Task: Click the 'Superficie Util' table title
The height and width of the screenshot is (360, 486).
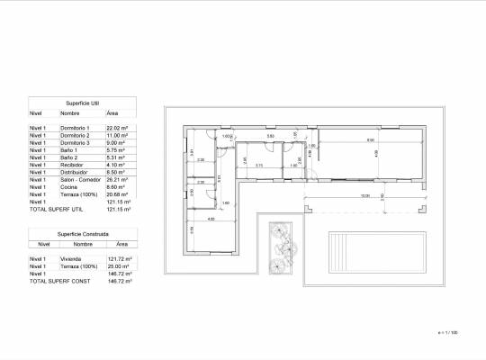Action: pyautogui.click(x=82, y=103)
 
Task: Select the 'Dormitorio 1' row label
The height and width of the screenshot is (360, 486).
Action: pyautogui.click(x=75, y=129)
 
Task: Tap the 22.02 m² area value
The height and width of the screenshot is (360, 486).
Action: pyautogui.click(x=118, y=129)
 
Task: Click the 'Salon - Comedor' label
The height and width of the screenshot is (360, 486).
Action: pyautogui.click(x=78, y=179)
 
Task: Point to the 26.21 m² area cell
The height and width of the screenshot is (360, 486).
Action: pyautogui.click(x=118, y=179)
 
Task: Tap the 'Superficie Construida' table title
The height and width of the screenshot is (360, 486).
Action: pyautogui.click(x=82, y=233)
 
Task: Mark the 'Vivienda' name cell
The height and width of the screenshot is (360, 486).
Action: pyautogui.click(x=70, y=258)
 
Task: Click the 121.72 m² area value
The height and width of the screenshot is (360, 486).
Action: pyautogui.click(x=120, y=258)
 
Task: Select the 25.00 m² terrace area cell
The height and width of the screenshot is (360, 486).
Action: pyautogui.click(x=119, y=266)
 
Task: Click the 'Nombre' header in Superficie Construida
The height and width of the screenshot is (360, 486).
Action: pyautogui.click(x=84, y=243)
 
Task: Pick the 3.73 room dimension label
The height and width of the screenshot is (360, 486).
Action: pyautogui.click(x=259, y=165)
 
